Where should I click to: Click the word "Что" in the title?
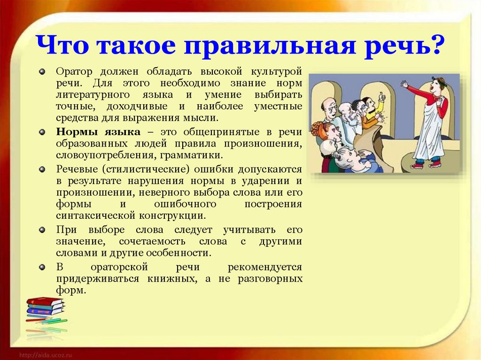click(62, 45)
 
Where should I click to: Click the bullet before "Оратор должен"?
click(42, 72)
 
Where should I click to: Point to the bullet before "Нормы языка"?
click(42, 132)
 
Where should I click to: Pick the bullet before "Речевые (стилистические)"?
click(42, 169)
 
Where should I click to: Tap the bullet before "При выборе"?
click(42, 230)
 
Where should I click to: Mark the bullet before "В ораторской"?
click(42, 267)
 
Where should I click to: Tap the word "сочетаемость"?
click(152, 241)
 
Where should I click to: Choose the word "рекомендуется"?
click(265, 268)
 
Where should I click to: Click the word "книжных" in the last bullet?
click(172, 279)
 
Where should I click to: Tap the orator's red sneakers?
click(426, 165)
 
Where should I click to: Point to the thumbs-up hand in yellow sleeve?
click(381, 97)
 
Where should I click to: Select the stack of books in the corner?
click(46, 306)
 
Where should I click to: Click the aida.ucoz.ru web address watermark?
click(46, 355)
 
